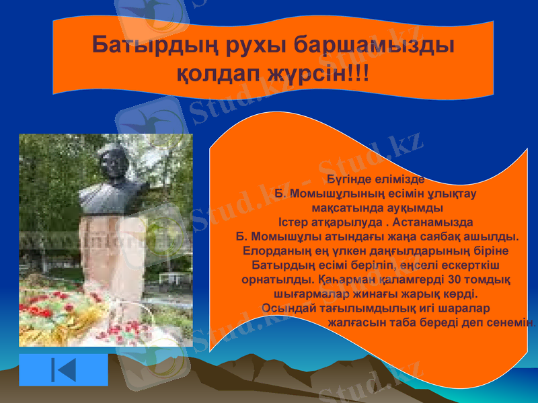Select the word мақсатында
pos(346,208)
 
